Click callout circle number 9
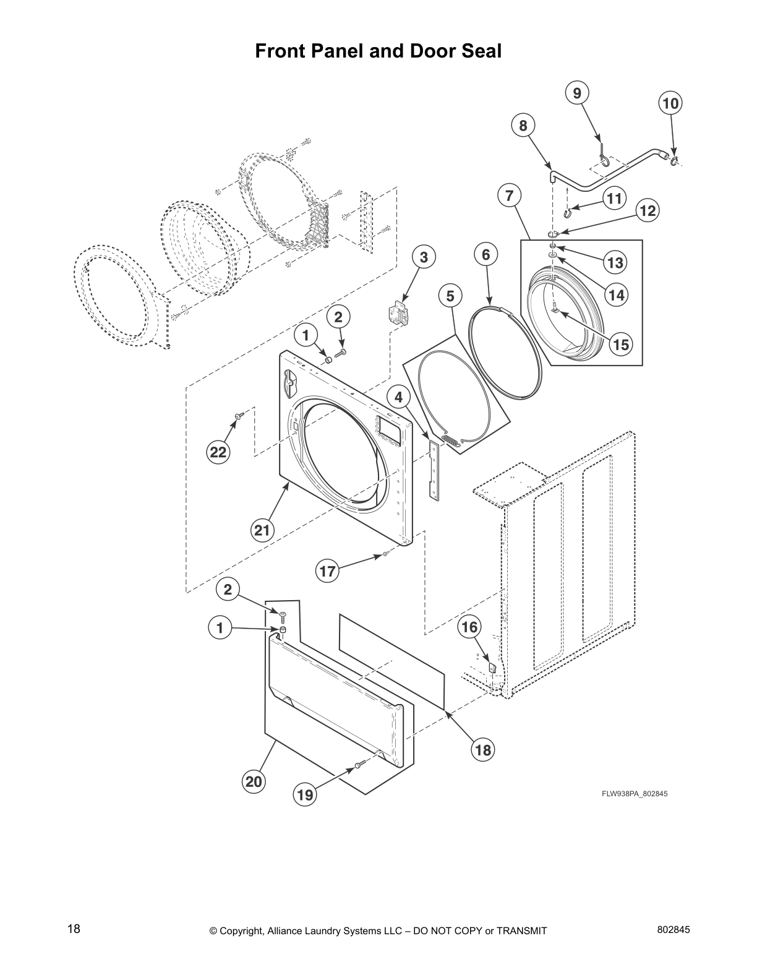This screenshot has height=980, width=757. [x=576, y=93]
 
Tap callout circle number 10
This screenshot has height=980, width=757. [x=670, y=103]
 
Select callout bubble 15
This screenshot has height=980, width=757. [x=620, y=345]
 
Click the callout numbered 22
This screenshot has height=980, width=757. [x=218, y=452]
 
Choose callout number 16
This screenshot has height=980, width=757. [x=469, y=627]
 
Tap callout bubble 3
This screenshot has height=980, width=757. [x=424, y=258]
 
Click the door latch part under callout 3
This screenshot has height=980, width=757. [x=397, y=314]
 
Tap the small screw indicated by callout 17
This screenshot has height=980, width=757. [x=385, y=554]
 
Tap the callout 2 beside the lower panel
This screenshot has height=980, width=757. [x=228, y=590]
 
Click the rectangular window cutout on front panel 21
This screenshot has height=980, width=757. [x=390, y=428]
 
